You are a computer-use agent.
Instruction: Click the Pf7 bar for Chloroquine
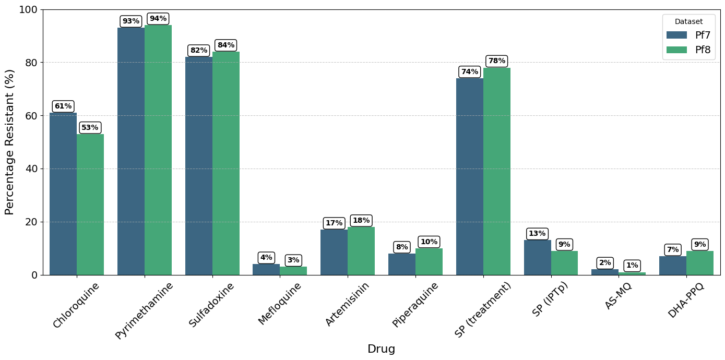point(63,194)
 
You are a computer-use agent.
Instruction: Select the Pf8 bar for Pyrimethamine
point(158,150)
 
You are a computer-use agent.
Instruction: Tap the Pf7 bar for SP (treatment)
point(470,176)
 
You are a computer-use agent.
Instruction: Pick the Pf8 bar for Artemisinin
point(361,251)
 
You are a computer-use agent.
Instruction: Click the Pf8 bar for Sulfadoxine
point(226,163)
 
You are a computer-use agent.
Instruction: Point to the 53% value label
point(90,127)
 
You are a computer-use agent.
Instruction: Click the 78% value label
point(497,61)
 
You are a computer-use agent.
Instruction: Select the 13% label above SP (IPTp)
point(537,233)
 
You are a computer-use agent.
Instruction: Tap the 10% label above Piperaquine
point(429,242)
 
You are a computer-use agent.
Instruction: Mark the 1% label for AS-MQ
point(632,265)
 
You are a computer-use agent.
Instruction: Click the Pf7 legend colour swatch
point(677,35)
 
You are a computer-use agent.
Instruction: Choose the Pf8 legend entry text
point(703,50)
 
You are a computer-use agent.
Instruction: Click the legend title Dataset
point(689,22)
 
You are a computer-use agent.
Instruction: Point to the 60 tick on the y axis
point(32,116)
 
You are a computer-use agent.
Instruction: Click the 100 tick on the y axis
point(28,10)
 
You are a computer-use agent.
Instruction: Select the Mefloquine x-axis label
point(280,304)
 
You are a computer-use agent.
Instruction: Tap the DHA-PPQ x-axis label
point(686,301)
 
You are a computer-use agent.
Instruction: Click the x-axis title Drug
point(381,349)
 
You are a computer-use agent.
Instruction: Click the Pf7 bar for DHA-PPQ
point(673,266)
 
